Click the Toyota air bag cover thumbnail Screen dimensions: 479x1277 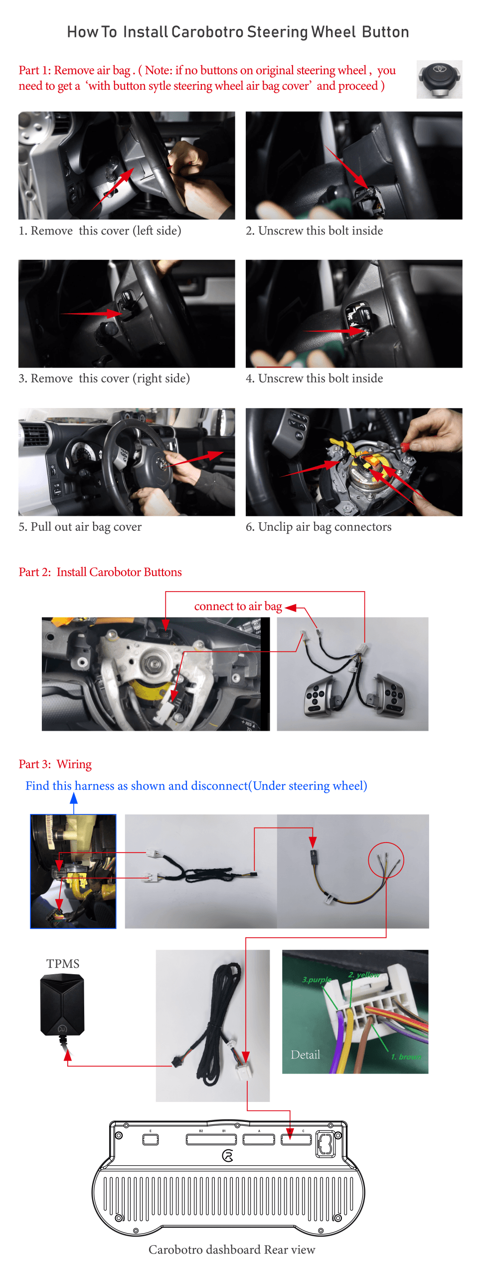[x=439, y=79]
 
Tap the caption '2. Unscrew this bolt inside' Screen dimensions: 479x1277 [x=314, y=230]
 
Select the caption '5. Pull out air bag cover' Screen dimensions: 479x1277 [x=80, y=527]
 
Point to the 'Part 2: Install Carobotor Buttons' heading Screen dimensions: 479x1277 [x=100, y=572]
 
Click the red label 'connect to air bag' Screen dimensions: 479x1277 [x=238, y=606]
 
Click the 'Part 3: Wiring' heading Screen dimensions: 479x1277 [x=55, y=764]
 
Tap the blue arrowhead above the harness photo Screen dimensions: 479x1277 [x=74, y=798]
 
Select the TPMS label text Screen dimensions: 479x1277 [x=63, y=964]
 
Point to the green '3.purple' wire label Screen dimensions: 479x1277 [x=317, y=980]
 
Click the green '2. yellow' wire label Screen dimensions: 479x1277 [x=364, y=975]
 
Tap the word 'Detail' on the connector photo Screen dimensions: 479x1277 [x=306, y=1055]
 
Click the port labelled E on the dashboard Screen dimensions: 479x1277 [x=151, y=1139]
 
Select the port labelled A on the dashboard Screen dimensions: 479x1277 [x=259, y=1139]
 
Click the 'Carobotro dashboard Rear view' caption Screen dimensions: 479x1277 [x=232, y=1250]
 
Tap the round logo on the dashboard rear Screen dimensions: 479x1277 [x=228, y=1156]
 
